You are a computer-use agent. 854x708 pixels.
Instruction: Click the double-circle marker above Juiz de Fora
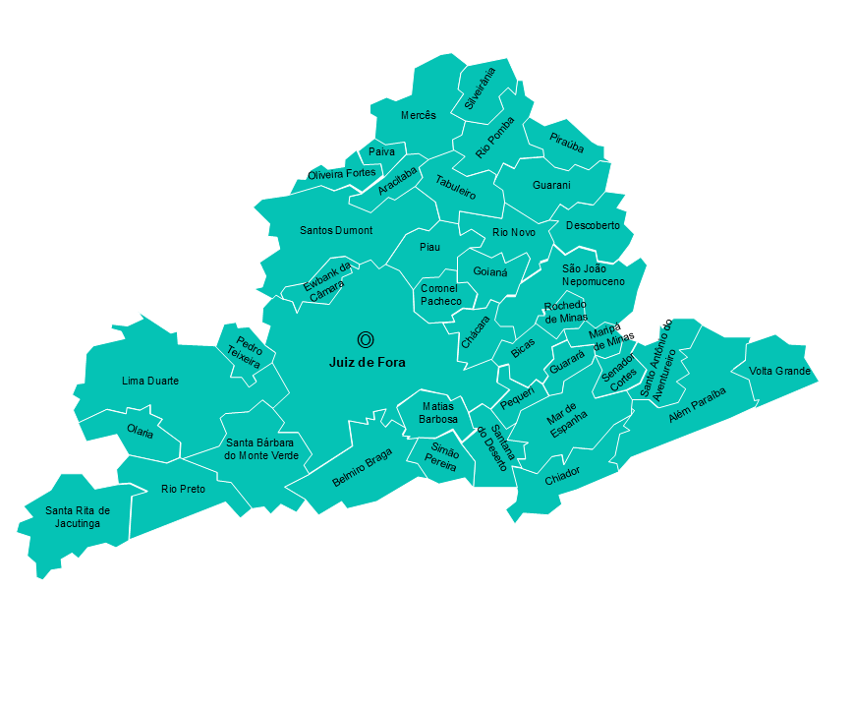[x=366, y=340]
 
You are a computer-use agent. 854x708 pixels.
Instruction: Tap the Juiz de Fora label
[x=367, y=363]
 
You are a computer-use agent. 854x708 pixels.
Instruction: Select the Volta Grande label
[x=780, y=372]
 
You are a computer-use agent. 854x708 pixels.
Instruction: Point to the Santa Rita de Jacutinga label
[x=78, y=517]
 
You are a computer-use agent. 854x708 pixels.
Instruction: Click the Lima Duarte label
[x=150, y=381]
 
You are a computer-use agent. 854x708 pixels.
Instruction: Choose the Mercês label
[x=419, y=116]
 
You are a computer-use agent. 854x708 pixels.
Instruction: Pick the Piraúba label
[x=567, y=144]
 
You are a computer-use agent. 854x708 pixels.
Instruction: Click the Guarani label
[x=551, y=186]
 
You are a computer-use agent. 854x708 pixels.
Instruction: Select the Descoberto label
[x=593, y=225]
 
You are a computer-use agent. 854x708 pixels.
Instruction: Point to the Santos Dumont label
[x=336, y=230]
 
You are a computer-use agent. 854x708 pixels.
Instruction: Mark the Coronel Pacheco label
[x=440, y=295]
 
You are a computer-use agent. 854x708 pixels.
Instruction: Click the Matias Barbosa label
[x=438, y=413]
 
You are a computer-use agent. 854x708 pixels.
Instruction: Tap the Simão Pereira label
[x=441, y=458]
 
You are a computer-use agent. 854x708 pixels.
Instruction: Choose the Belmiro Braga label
[x=363, y=468]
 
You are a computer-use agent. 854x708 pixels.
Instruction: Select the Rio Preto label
[x=184, y=489]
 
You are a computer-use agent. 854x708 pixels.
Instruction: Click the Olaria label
[x=141, y=432]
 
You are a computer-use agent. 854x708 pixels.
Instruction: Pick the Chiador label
[x=562, y=476]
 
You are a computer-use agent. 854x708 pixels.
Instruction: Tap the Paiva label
[x=381, y=152]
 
